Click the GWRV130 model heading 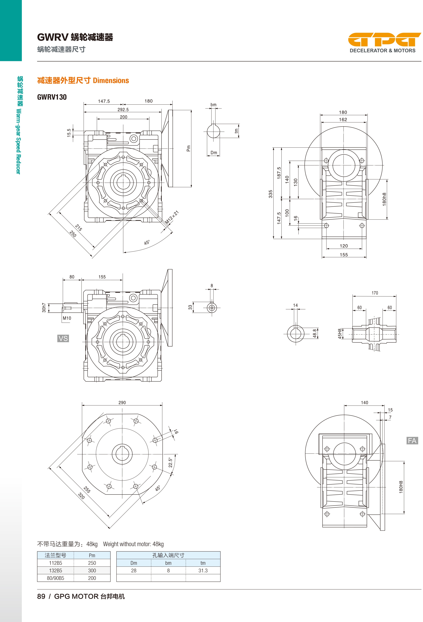coord(52,97)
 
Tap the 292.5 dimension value coord(123,109)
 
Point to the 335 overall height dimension coord(270,194)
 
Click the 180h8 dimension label coord(384,199)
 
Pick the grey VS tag coord(63,338)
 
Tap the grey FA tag coord(412,441)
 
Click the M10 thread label coord(67,318)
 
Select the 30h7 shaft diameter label coord(44,308)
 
